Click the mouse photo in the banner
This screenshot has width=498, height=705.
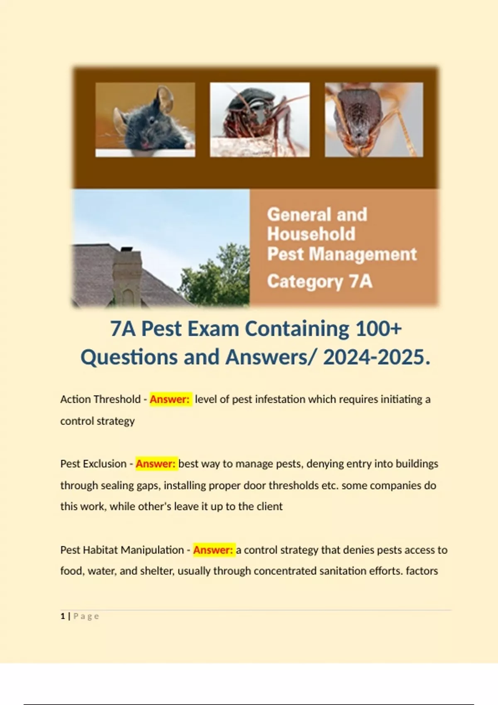145,119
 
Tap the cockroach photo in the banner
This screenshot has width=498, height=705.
260,119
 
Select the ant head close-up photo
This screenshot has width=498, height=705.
374,119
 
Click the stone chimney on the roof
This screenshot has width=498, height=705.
127,274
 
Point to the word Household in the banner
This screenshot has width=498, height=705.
311,234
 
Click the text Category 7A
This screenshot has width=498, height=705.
320,282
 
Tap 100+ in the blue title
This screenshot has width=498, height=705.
379,329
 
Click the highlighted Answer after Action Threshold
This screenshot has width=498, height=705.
170,399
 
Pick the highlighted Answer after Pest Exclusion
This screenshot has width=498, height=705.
156,464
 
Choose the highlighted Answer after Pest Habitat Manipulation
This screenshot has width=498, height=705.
213,550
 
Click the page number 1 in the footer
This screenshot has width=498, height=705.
63,616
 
